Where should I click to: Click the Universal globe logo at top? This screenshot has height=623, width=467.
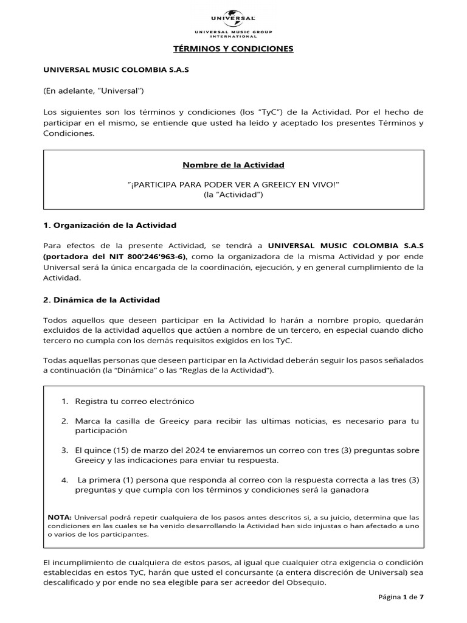[233, 15]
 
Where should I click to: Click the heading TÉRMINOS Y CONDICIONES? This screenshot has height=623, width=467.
[233, 49]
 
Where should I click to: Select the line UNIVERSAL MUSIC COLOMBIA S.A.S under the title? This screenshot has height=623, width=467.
[116, 70]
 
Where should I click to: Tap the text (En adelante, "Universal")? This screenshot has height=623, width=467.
[93, 91]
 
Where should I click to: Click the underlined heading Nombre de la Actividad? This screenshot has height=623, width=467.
[233, 165]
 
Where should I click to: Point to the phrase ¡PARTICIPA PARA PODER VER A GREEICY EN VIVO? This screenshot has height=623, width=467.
[233, 184]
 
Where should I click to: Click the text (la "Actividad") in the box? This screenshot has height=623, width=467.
[233, 194]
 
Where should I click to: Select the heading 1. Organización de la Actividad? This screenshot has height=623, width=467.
[110, 225]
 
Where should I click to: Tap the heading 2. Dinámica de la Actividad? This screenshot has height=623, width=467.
[102, 299]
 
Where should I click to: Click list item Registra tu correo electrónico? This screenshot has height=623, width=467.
[134, 402]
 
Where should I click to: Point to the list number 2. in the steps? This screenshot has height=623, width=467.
[65, 421]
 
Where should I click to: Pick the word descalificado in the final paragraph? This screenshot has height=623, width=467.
[71, 582]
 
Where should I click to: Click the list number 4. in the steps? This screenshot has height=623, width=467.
[65, 479]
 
